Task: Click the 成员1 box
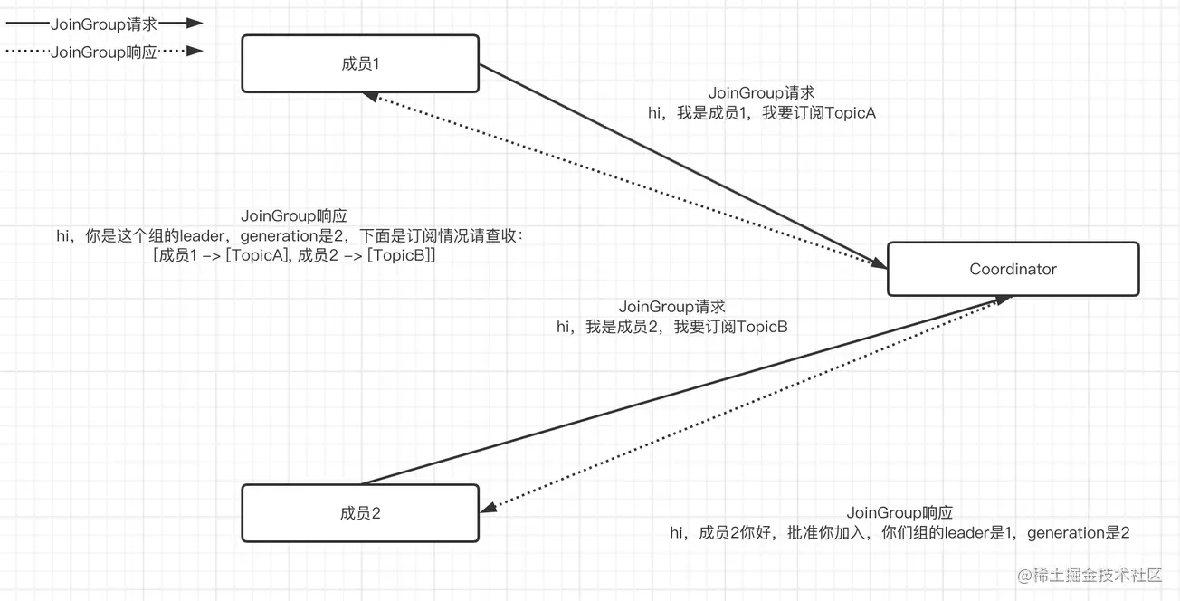(360, 63)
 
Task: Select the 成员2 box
(360, 513)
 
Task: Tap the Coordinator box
(1013, 269)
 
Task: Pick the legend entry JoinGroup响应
(104, 52)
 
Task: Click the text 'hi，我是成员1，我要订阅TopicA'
(761, 113)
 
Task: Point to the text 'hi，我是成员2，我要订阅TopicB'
(671, 327)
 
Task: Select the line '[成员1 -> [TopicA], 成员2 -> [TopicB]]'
(295, 256)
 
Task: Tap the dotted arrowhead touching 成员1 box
(371, 97)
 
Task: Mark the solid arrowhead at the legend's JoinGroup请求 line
(195, 24)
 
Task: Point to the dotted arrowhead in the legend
(195, 52)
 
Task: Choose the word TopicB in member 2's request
(762, 327)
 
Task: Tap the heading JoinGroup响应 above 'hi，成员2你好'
(899, 513)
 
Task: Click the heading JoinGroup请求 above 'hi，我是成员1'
(761, 92)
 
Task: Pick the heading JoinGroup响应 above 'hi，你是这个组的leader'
(294, 216)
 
